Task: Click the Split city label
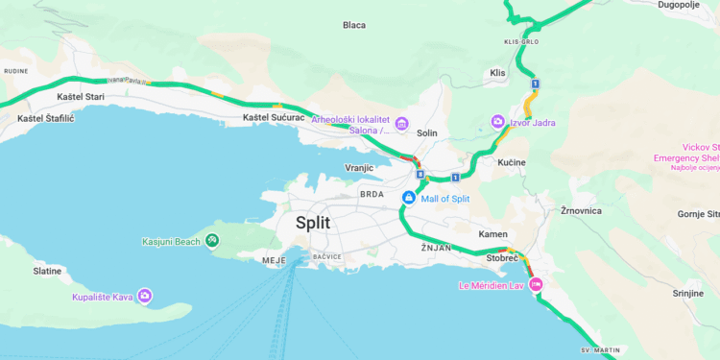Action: click(x=312, y=223)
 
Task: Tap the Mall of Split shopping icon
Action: click(x=409, y=198)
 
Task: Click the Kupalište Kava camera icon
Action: click(x=145, y=296)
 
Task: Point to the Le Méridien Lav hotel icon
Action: click(x=537, y=284)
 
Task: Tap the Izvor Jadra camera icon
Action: click(x=497, y=121)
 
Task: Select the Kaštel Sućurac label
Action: click(x=273, y=117)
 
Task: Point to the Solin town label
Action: click(x=427, y=132)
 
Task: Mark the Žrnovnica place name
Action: click(x=580, y=209)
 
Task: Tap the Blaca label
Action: click(x=354, y=25)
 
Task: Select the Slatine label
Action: click(x=47, y=271)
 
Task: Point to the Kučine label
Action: click(x=511, y=162)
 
